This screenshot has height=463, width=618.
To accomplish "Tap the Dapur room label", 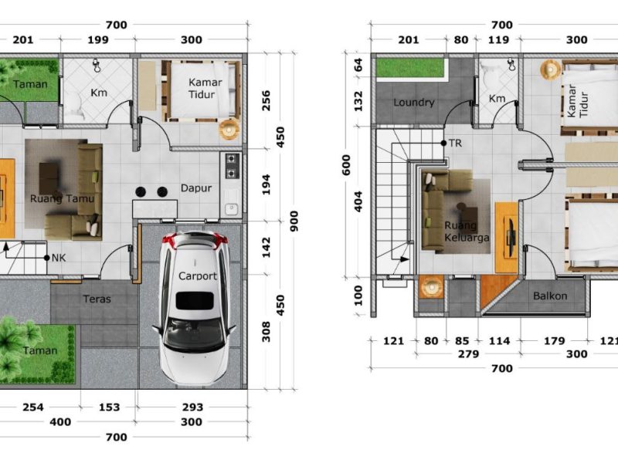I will tap(196, 188).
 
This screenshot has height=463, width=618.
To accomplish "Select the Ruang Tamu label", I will tap(62, 198).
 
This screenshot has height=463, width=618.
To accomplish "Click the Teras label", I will tap(97, 299).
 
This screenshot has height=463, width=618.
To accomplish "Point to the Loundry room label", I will tap(414, 103).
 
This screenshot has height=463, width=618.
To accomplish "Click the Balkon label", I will tap(550, 296).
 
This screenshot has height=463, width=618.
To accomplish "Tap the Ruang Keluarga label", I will tap(467, 231).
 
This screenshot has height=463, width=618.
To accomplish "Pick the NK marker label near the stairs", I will tap(58, 258).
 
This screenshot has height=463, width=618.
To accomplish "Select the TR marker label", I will tap(457, 144).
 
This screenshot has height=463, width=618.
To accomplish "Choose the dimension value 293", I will tap(192, 407).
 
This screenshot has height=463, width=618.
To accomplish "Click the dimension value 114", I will tap(500, 340).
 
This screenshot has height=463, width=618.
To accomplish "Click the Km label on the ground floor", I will tap(98, 93).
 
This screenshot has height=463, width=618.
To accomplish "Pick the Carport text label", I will tap(198, 275).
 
